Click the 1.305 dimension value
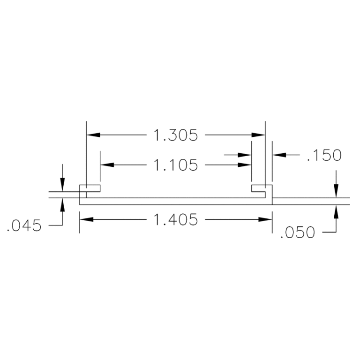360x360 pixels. coord(175,135)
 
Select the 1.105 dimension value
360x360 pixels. coord(175,165)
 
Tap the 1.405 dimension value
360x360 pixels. coord(175,219)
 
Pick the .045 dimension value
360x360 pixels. coord(24,226)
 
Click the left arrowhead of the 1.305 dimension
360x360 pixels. coord(93,135)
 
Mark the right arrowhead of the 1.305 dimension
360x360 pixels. coord(259,135)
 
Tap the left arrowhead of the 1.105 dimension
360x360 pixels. coord(106,165)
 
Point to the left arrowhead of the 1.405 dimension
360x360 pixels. coord(86,219)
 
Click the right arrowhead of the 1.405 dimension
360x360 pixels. coord(266,219)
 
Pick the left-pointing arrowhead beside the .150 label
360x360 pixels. coord(279,154)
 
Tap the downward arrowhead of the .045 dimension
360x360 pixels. coord(62,186)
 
